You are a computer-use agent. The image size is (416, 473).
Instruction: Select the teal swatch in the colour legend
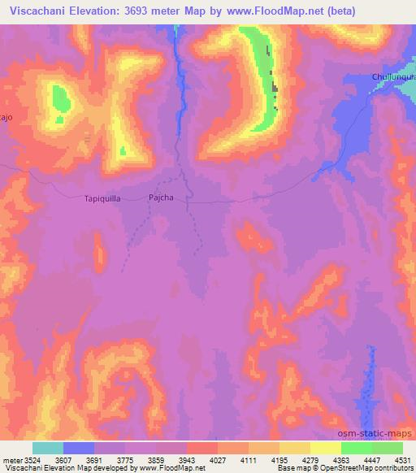[x=48, y=448]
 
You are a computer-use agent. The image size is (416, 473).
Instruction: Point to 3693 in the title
[x=147, y=11]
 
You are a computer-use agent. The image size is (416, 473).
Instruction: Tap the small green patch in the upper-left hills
[x=61, y=100]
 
